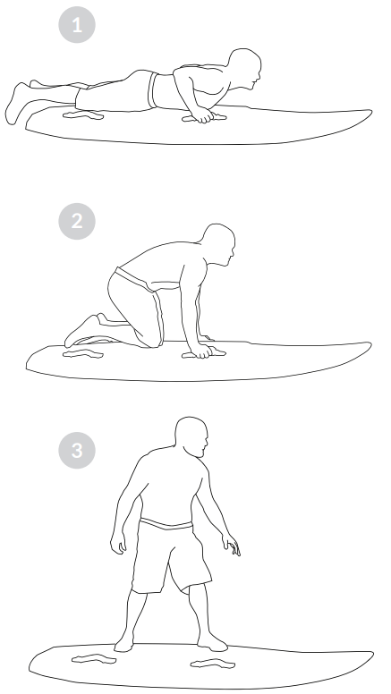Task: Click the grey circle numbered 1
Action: pos(78,25)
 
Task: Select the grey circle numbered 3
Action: pos(78,450)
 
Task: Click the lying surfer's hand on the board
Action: pos(203,114)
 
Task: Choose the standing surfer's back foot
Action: pos(123,640)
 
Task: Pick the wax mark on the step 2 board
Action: pos(83,355)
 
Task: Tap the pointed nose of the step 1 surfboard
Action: pos(370,113)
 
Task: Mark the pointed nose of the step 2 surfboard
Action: pos(370,345)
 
